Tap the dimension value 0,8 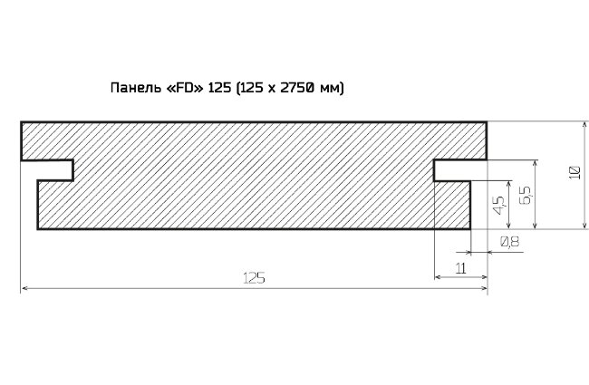point(510,241)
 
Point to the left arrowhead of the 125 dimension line point(24,289)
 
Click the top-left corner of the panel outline point(22,122)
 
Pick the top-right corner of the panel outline point(487,122)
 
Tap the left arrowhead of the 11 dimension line point(438,276)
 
